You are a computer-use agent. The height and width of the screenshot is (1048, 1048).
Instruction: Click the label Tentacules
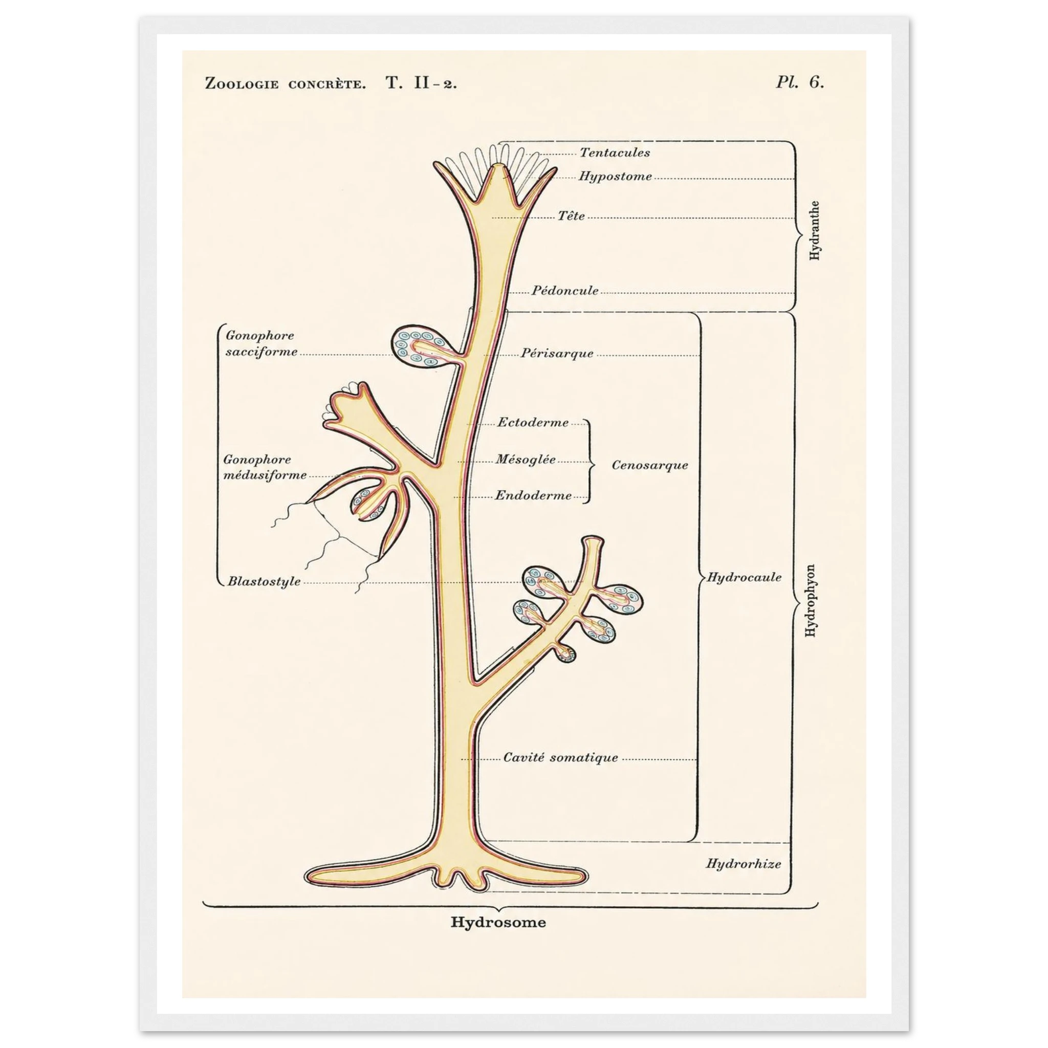615,152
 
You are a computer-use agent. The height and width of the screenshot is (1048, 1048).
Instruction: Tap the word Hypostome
615,177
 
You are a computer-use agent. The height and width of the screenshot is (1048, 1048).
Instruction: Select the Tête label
572,216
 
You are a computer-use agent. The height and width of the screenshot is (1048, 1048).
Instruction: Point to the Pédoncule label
565,290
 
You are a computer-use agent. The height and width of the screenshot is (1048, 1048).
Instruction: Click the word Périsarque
557,353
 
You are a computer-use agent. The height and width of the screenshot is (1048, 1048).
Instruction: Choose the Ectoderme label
533,423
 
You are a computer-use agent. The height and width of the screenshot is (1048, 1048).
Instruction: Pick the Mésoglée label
526,459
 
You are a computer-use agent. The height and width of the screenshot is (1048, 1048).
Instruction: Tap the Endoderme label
533,495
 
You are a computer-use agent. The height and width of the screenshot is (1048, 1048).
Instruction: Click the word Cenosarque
650,465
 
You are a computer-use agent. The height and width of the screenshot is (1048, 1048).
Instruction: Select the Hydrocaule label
744,577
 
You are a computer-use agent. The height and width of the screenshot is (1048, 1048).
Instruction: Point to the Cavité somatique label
560,757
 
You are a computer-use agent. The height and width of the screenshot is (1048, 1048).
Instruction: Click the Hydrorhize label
743,864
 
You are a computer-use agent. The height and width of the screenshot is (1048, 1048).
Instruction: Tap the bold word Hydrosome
498,922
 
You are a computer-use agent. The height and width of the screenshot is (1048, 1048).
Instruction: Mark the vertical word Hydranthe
814,231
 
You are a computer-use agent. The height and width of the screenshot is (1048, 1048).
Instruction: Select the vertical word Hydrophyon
811,602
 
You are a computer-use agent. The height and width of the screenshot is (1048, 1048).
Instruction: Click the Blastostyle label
264,581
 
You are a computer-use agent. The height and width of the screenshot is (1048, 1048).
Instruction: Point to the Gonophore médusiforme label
265,467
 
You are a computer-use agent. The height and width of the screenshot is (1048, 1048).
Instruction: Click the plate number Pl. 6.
800,82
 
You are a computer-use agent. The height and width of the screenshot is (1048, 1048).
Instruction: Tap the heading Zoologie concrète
286,83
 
